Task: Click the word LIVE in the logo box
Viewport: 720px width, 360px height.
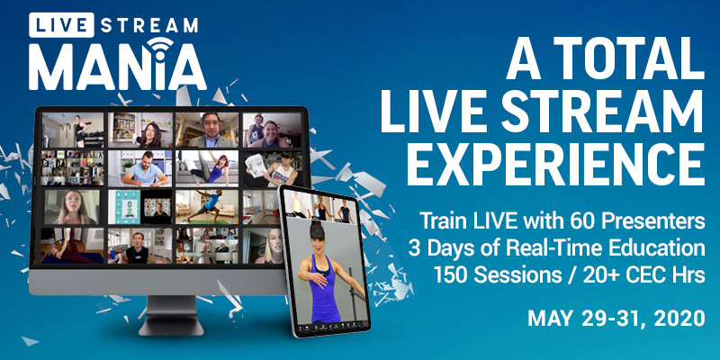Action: point(61,24)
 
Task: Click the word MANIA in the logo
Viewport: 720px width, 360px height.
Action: point(117,67)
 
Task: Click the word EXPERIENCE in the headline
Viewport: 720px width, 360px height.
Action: point(554,164)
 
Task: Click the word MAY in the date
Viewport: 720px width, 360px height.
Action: point(548,318)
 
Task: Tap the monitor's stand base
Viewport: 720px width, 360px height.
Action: point(171,328)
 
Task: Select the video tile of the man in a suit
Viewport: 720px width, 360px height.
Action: point(207,130)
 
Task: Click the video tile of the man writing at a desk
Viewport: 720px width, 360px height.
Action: point(140,168)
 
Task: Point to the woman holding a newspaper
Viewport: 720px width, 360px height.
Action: point(273,168)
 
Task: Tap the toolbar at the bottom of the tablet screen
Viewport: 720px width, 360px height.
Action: point(333,328)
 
